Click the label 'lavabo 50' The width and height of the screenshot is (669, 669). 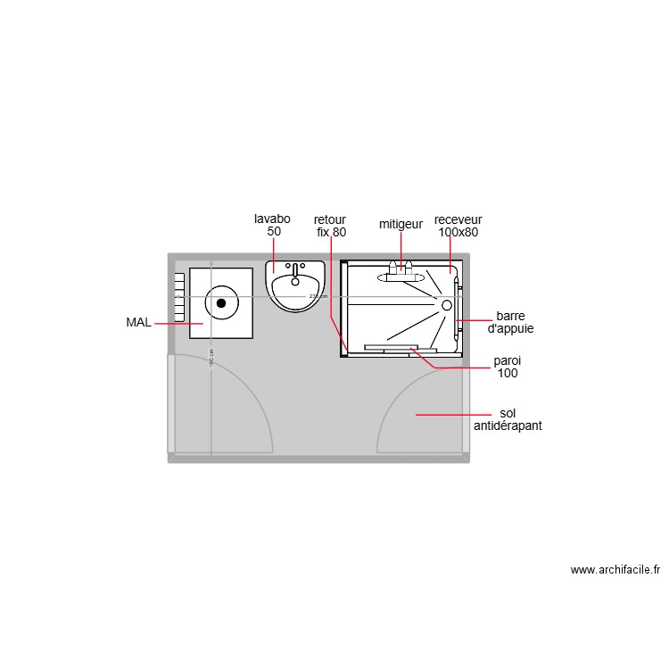click(272, 225)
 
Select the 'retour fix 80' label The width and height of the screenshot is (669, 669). click(330, 226)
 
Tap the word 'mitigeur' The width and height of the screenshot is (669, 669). click(401, 225)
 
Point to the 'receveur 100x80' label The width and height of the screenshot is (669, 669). click(458, 226)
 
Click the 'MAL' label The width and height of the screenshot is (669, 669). click(138, 322)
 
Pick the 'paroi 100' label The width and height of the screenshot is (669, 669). click(508, 368)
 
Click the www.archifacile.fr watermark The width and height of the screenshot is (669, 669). click(615, 570)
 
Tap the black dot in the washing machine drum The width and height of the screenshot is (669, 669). click(221, 302)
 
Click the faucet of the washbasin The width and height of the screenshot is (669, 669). click(295, 268)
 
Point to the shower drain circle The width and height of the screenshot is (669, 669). click(447, 304)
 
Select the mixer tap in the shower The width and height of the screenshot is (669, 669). click(401, 268)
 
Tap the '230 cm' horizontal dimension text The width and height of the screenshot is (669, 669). click(318, 296)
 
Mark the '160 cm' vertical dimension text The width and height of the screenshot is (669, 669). click(211, 357)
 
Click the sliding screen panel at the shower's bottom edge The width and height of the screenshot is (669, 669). click(391, 347)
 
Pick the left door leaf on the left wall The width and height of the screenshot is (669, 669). click(171, 403)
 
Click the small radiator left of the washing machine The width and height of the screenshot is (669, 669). click(179, 297)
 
